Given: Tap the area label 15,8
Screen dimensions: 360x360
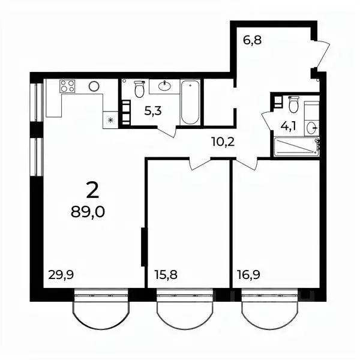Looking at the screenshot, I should (166, 275).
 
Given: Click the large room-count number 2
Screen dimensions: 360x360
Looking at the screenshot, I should (92, 190).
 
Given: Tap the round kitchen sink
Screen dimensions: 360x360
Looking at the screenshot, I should (94, 86).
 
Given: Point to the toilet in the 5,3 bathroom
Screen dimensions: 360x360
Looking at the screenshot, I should (140, 89).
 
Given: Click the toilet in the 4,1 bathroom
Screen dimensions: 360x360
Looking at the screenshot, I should (293, 104).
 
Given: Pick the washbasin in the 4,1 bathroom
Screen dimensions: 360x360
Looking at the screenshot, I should (311, 127).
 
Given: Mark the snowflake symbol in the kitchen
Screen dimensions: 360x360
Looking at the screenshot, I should (110, 120).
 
